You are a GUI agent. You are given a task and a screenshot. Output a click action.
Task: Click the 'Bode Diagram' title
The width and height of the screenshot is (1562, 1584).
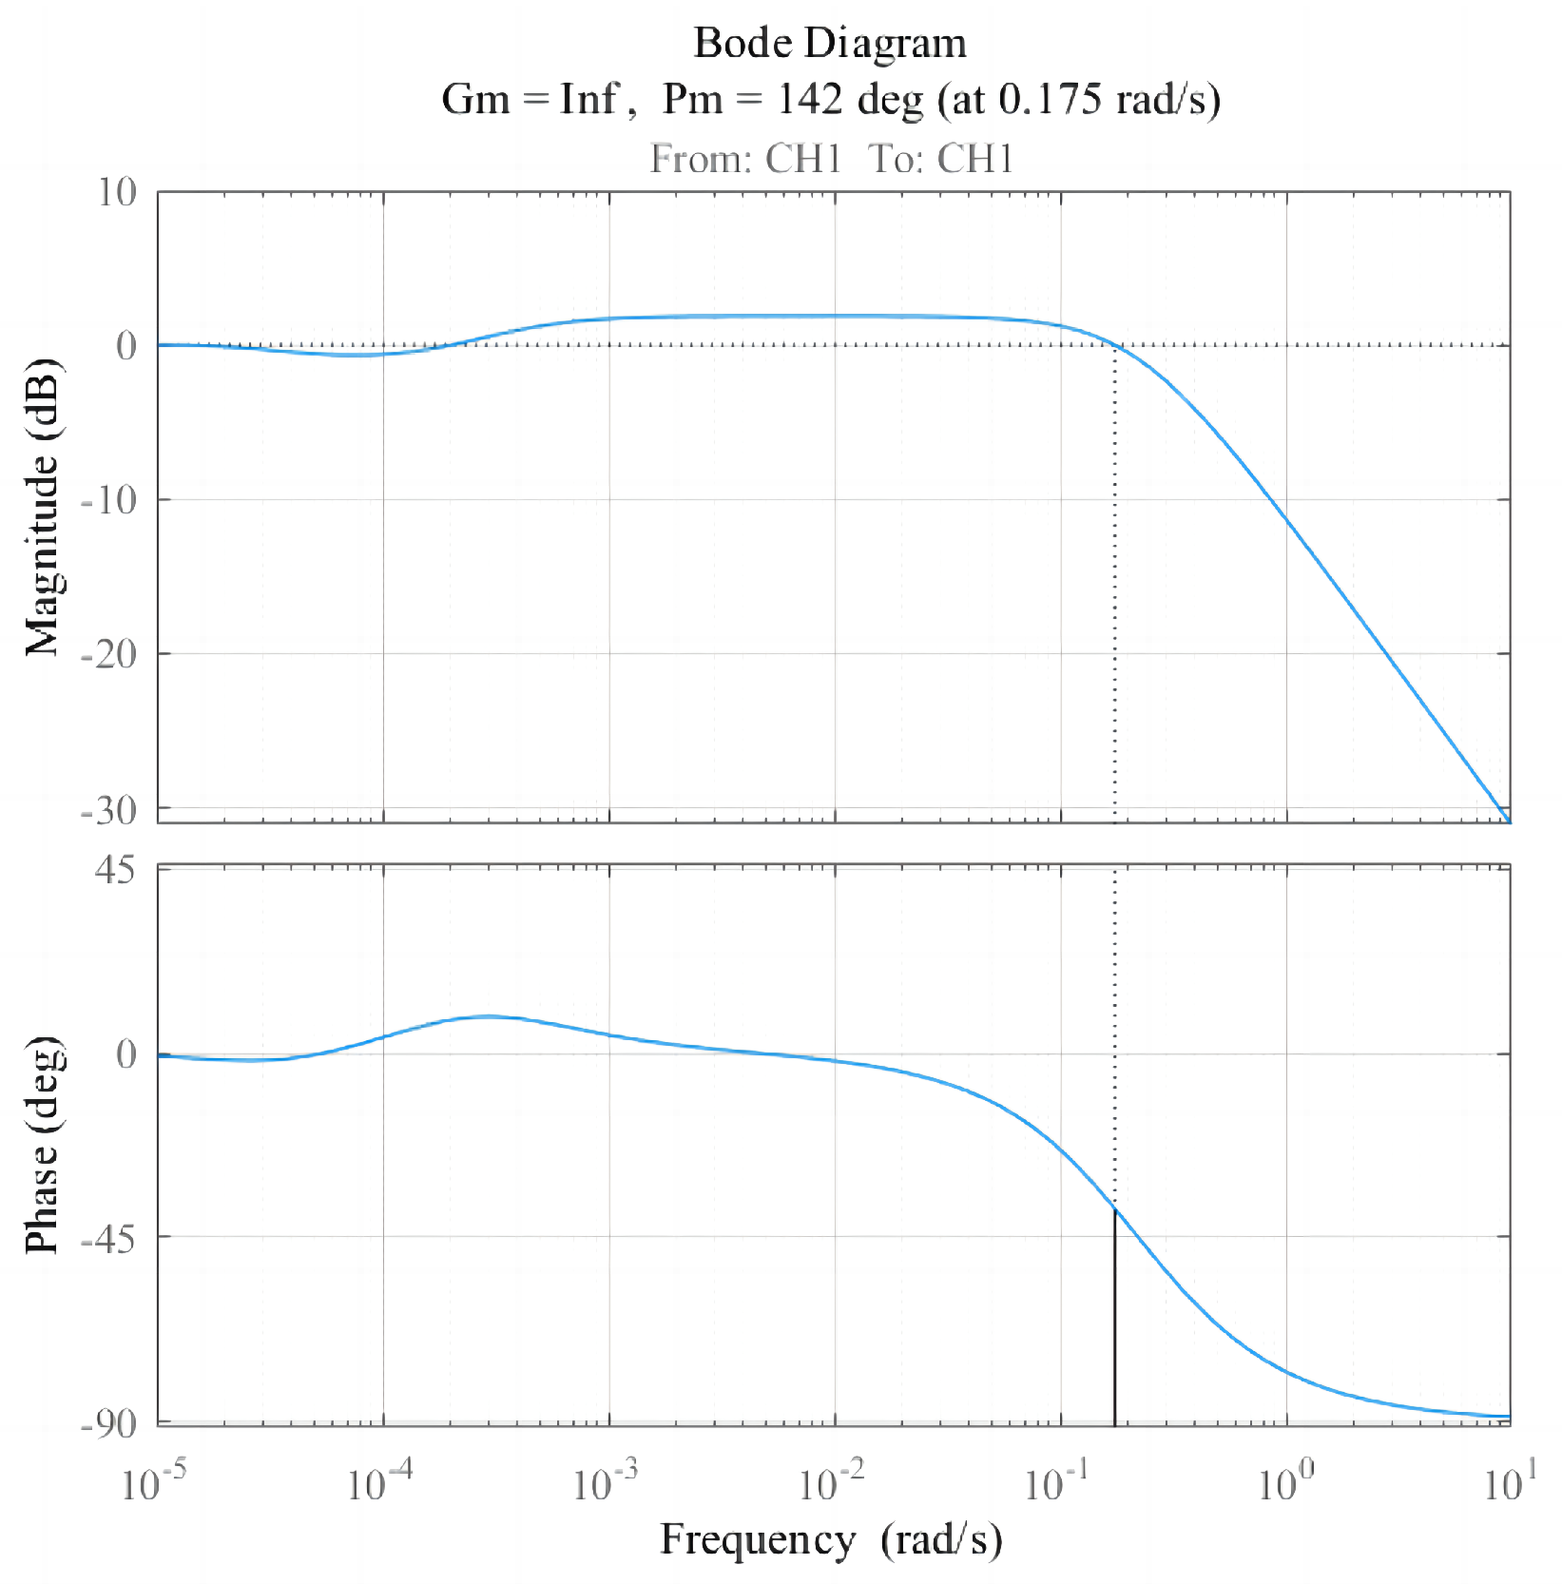coord(829,43)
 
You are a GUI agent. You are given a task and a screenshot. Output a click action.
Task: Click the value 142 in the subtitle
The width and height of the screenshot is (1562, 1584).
coord(809,98)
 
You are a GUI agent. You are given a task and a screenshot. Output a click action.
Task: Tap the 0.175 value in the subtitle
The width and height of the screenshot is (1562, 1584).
coord(1050,98)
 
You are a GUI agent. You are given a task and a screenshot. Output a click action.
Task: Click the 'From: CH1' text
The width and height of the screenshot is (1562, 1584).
coord(745,159)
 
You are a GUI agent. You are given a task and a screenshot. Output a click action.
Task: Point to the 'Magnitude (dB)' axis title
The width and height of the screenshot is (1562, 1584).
coord(42,507)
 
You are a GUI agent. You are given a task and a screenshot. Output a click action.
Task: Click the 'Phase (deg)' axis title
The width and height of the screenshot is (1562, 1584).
coord(42,1145)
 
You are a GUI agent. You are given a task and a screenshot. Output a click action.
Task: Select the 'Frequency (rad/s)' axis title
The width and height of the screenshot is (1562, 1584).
coord(830,1537)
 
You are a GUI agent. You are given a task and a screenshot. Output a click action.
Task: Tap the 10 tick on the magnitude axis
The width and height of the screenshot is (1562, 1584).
coord(118,193)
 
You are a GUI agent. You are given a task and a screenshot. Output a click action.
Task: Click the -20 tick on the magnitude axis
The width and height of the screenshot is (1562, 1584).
coord(109,654)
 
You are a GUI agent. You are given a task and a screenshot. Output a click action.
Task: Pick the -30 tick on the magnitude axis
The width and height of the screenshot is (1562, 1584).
coord(109,810)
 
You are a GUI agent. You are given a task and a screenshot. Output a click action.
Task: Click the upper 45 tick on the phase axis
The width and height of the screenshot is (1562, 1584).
coord(116,870)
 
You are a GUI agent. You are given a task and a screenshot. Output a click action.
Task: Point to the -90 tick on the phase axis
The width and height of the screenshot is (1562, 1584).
coord(109,1423)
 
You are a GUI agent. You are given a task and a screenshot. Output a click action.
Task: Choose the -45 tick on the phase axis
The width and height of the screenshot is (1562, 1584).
coord(109,1237)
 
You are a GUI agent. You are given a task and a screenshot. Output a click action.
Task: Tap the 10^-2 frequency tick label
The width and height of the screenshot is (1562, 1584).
coord(832,1481)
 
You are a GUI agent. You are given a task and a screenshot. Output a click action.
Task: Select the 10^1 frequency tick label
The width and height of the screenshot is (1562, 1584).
coord(1510,1481)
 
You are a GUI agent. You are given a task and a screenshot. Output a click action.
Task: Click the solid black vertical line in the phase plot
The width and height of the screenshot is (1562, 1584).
coord(1114,1322)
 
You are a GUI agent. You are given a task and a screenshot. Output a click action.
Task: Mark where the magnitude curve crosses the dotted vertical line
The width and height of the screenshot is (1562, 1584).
coord(1114,345)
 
